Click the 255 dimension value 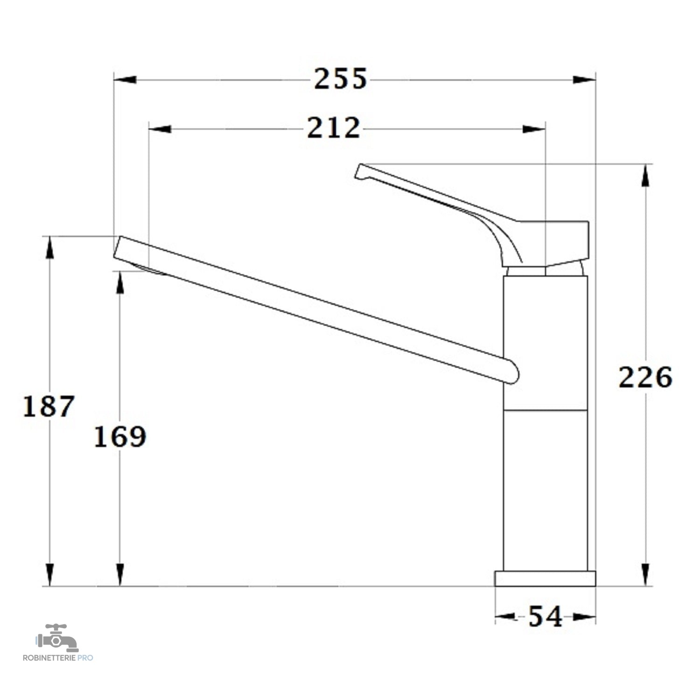340,79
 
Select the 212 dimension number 334,128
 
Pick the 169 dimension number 120,437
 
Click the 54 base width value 545,617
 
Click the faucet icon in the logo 57,638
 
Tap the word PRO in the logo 86,658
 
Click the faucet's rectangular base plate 545,578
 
